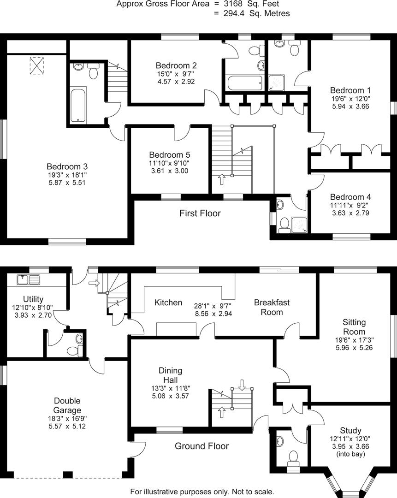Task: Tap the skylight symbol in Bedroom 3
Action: pyautogui.click(x=37, y=66)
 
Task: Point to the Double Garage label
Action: pyautogui.click(x=67, y=405)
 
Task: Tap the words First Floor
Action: pyautogui.click(x=200, y=213)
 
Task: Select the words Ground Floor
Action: pyautogui.click(x=201, y=446)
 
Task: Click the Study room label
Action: pyautogui.click(x=350, y=431)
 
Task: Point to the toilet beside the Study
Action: pyautogui.click(x=293, y=457)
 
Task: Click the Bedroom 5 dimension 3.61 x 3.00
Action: pyautogui.click(x=169, y=171)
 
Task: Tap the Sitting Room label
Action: pyautogui.click(x=354, y=327)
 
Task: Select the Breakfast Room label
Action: pyautogui.click(x=272, y=307)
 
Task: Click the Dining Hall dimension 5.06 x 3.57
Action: pyautogui.click(x=170, y=395)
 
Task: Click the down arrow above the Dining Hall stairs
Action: pyautogui.click(x=243, y=383)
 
